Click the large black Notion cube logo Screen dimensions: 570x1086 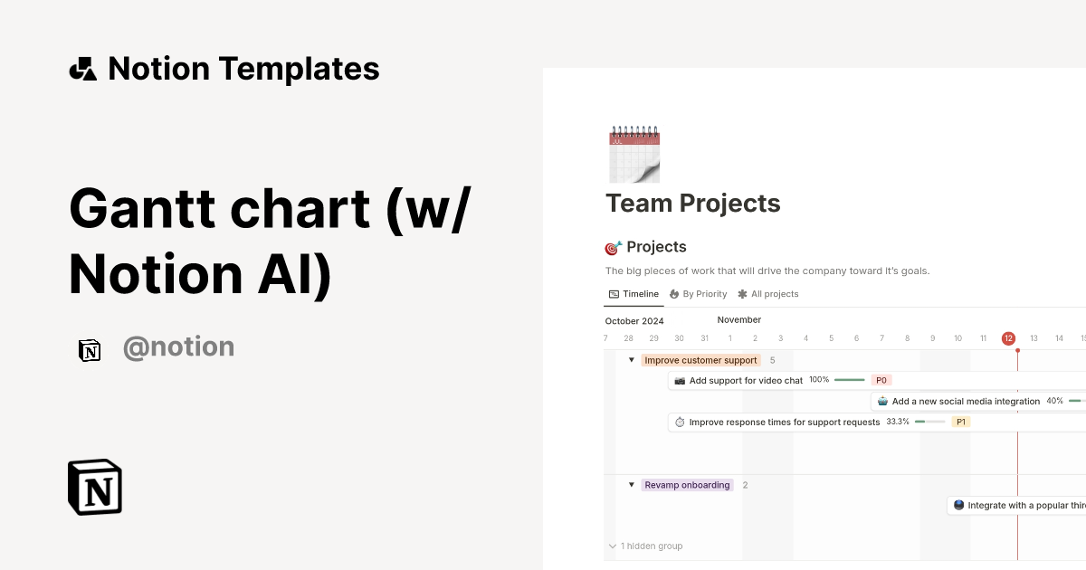pyautogui.click(x=95, y=488)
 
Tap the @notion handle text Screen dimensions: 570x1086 pyautogui.click(x=178, y=347)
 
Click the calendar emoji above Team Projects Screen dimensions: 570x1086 pyautogui.click(x=634, y=155)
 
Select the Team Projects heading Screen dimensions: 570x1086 pyautogui.click(x=693, y=204)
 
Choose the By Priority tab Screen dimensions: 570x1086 pyautogui.click(x=698, y=294)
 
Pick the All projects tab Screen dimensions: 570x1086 pyautogui.click(x=768, y=294)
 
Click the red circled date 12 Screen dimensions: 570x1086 pyautogui.click(x=1008, y=338)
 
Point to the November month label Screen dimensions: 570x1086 pyautogui.click(x=739, y=319)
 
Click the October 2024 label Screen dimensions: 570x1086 pyautogui.click(x=634, y=321)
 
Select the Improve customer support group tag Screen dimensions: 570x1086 pyautogui.click(x=700, y=360)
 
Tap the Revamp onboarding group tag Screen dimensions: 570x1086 pyautogui.click(x=687, y=485)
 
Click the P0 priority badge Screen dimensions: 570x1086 pyautogui.click(x=881, y=381)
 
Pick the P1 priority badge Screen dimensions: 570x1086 pyautogui.click(x=961, y=422)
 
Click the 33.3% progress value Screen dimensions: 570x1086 pyautogui.click(x=898, y=422)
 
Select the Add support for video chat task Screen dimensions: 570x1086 pyautogui.click(x=746, y=381)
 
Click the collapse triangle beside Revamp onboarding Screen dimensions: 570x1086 pyautogui.click(x=632, y=485)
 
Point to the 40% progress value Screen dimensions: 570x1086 pyautogui.click(x=1054, y=401)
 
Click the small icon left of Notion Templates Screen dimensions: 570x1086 pyautogui.click(x=83, y=69)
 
